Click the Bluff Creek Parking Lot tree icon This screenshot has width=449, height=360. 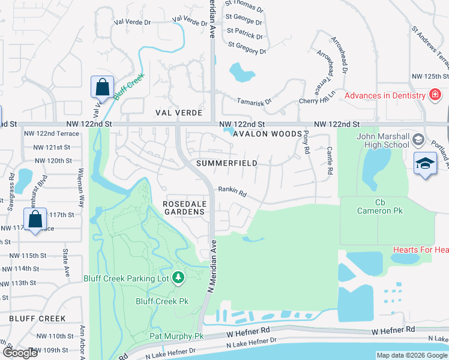178,277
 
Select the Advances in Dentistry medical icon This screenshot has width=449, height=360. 435,95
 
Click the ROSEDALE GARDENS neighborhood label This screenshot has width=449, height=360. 185,208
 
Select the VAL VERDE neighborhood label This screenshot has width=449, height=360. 176,112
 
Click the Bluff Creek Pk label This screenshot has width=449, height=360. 162,301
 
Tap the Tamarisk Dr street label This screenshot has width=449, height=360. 254,102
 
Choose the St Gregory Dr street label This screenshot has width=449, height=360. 247,48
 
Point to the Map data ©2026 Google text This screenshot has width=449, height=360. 411,355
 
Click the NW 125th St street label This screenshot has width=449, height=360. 430,77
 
